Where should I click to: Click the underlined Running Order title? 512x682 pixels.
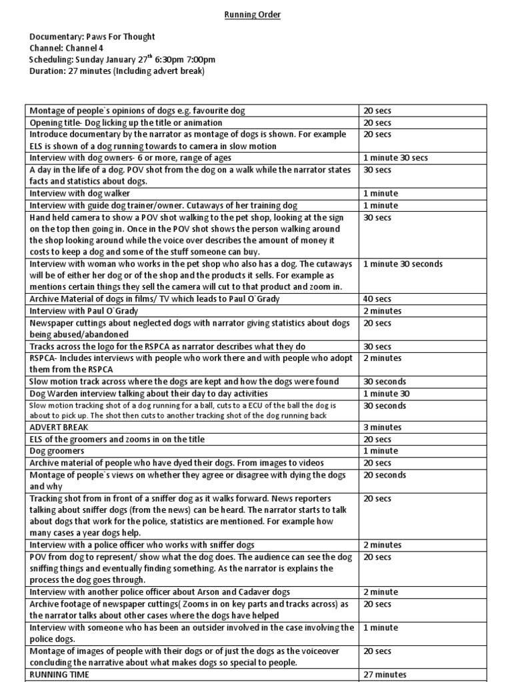point(252,15)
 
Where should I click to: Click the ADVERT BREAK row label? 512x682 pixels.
point(59,427)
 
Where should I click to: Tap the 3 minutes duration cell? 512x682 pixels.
point(383,427)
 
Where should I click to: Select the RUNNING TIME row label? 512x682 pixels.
point(59,675)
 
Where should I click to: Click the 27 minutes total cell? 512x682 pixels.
point(385,675)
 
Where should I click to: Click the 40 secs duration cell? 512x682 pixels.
point(377,299)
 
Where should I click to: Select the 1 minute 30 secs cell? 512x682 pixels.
point(395,158)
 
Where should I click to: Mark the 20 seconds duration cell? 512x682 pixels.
point(384,475)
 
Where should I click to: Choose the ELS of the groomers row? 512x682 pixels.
point(117,439)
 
